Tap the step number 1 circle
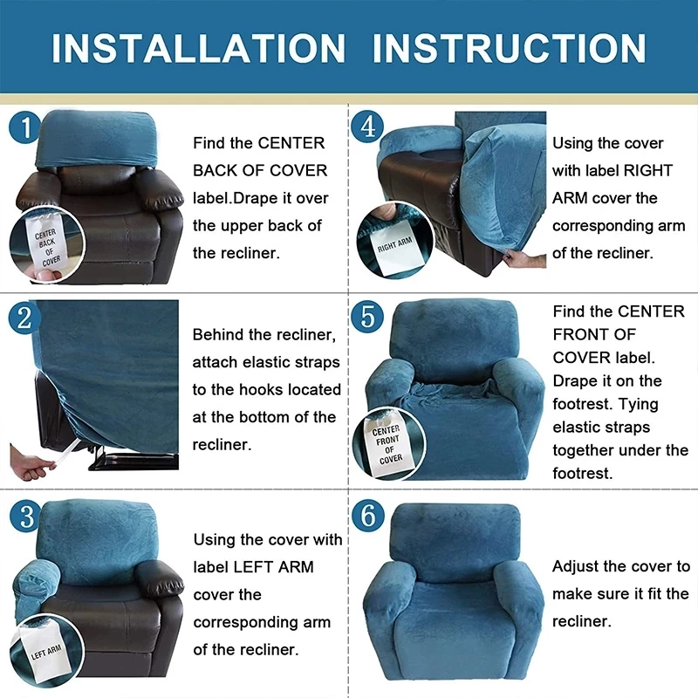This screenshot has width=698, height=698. [25, 129]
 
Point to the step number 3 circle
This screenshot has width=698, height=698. [25, 516]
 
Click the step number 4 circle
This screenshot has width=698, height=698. [367, 129]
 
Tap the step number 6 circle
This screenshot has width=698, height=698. [367, 516]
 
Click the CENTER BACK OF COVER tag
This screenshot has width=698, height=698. [44, 248]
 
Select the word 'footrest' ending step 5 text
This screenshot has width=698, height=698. [582, 474]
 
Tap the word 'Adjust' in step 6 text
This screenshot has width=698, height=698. [577, 567]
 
